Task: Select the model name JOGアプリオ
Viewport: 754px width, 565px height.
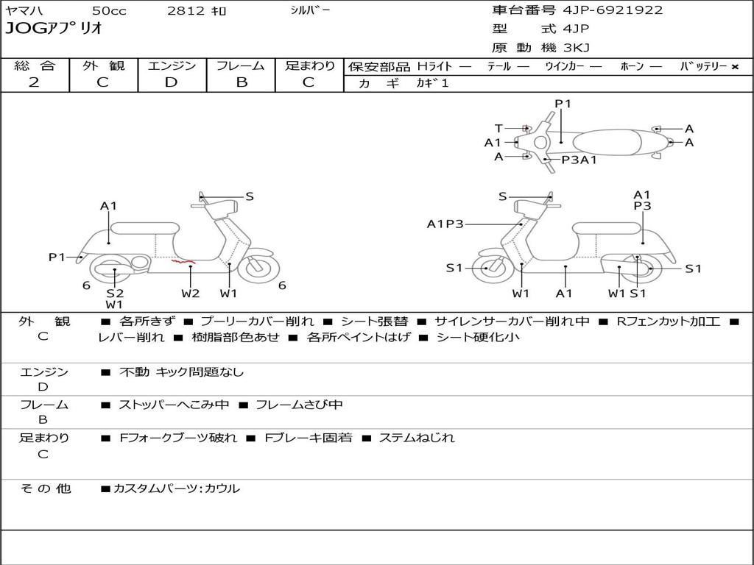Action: point(54,29)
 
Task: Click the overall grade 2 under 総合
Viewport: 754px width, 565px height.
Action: point(34,82)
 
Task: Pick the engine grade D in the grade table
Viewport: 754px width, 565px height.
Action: point(172,82)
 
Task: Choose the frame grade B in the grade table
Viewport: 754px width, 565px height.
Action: point(242,82)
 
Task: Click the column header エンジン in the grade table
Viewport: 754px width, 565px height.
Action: point(172,65)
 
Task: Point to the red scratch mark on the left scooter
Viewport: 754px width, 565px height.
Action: point(183,261)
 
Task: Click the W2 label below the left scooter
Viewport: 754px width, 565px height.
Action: point(191,294)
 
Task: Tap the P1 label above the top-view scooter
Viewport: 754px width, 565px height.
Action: point(563,104)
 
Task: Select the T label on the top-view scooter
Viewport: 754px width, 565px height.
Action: point(498,128)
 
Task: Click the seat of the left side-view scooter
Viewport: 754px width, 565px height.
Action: point(145,228)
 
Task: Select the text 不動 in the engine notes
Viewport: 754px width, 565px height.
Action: point(133,372)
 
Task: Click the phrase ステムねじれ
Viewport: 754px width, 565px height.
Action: point(416,438)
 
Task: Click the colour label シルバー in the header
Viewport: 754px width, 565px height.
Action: point(310,10)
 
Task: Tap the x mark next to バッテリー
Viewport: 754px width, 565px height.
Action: point(735,66)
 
